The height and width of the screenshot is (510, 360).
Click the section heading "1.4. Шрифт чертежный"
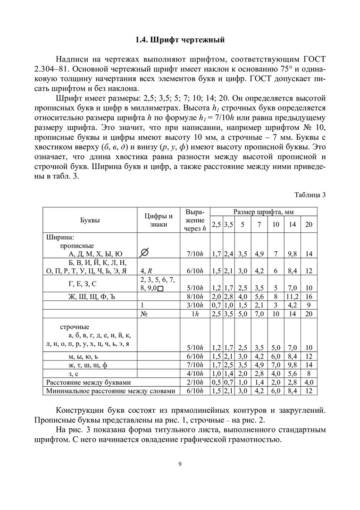tap(180, 40)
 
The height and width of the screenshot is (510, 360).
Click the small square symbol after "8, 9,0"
tap(160, 288)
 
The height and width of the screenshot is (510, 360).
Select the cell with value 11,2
tap(292, 297)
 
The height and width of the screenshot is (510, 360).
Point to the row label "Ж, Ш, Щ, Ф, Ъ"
tap(90, 297)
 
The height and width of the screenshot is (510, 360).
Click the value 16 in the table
tap(309, 297)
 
